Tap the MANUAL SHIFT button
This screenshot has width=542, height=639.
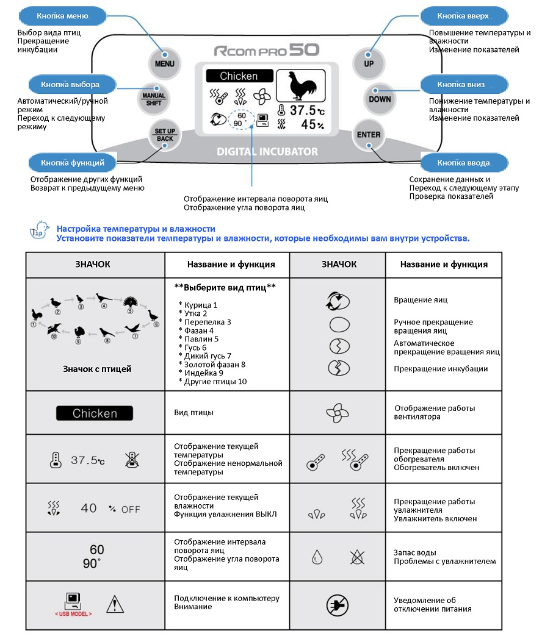click(154, 99)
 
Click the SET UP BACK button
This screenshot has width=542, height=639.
click(165, 135)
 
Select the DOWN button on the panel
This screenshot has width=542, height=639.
click(380, 99)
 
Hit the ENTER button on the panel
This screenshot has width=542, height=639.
click(369, 135)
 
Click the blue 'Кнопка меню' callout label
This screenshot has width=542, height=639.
click(62, 16)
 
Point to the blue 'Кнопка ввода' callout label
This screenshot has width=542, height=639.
click(464, 163)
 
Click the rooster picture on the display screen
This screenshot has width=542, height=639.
click(301, 85)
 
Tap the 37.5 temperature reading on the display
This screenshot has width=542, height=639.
click(307, 110)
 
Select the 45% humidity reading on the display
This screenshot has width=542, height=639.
click(313, 124)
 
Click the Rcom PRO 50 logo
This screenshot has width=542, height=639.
click(267, 50)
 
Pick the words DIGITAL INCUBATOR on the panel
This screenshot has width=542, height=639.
click(267, 152)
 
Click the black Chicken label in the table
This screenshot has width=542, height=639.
click(95, 413)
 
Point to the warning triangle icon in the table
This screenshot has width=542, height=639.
click(115, 604)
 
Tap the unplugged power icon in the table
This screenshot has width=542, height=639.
click(338, 605)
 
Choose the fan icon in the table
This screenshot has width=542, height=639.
click(338, 413)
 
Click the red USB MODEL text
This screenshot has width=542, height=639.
click(73, 614)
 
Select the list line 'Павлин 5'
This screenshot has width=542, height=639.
click(198, 339)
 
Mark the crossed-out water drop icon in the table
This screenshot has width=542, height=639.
click(357, 557)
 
